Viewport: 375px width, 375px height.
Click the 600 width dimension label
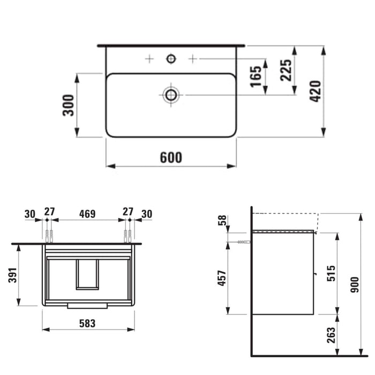[171, 157]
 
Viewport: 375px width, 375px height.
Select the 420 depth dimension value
[315, 92]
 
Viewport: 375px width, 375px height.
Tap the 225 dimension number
[286, 70]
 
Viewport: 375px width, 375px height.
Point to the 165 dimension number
[256, 76]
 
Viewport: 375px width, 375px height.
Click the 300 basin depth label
[68, 105]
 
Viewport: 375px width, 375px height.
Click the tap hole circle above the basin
[171, 58]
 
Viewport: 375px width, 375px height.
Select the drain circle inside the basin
[171, 95]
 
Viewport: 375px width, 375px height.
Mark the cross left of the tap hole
[149, 58]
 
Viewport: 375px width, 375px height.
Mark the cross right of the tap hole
[193, 58]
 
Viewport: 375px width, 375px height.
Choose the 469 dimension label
[87, 214]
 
